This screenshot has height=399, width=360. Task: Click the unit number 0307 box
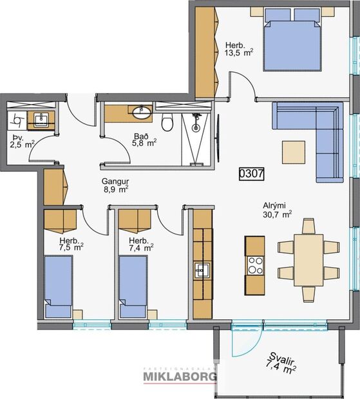click(251, 173)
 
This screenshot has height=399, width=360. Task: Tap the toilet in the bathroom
click(168, 122)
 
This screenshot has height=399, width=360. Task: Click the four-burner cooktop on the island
click(255, 266)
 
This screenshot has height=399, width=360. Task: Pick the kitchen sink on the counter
click(202, 270)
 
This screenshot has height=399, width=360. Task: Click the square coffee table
click(294, 153)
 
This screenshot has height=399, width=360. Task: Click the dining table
click(308, 259)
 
